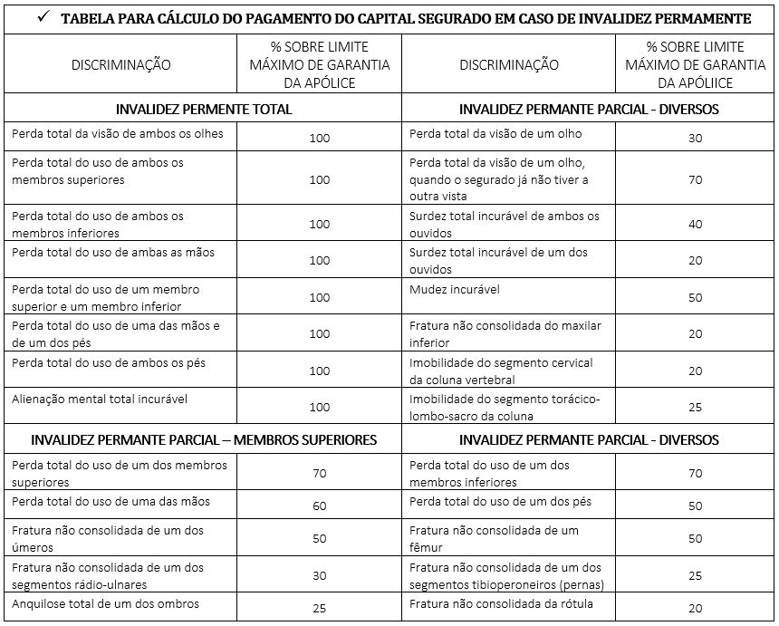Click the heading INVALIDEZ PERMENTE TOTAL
tap(204, 109)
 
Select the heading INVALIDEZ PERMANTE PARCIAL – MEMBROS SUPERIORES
tap(204, 440)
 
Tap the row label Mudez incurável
tap(455, 290)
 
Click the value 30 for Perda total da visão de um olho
tap(696, 138)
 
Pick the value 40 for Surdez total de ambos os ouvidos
tap(696, 224)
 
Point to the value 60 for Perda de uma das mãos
tap(320, 506)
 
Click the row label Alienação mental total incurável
tap(100, 399)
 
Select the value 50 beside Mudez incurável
tap(696, 297)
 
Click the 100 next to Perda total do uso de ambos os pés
tap(320, 371)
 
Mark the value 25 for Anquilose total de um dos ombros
tap(320, 609)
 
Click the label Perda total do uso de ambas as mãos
tap(113, 253)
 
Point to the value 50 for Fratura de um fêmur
tap(696, 538)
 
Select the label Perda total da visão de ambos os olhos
tap(118, 134)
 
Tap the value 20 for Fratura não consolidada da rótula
tap(696, 609)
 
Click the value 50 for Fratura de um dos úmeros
tap(320, 538)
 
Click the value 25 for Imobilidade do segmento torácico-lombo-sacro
tap(696, 408)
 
